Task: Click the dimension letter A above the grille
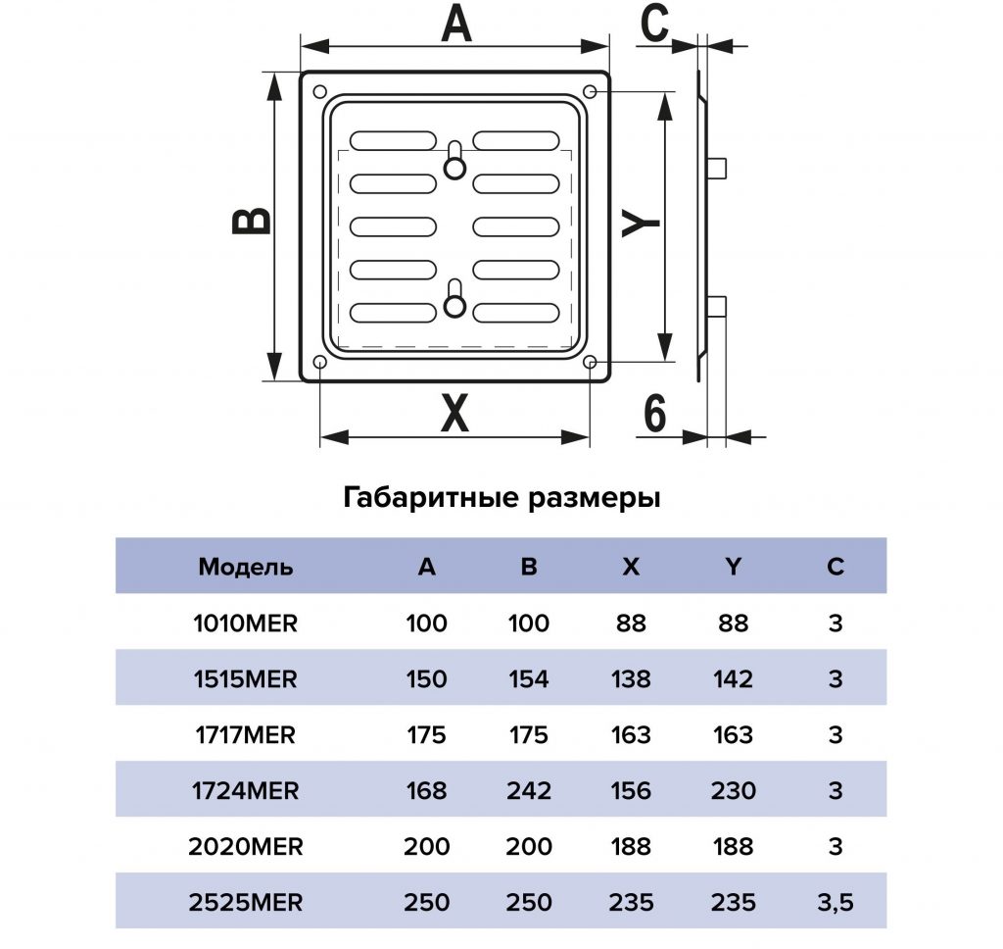pyautogui.click(x=455, y=26)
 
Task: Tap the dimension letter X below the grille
pyautogui.click(x=454, y=414)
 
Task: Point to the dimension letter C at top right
pyautogui.click(x=654, y=24)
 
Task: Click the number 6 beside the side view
pyautogui.click(x=654, y=413)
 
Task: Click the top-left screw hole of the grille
pyautogui.click(x=320, y=92)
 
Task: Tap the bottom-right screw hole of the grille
pyautogui.click(x=591, y=363)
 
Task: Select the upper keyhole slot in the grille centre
pyautogui.click(x=454, y=160)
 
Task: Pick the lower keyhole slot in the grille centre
pyautogui.click(x=454, y=299)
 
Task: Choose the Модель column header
pyautogui.click(x=246, y=567)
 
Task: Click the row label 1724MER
pyautogui.click(x=246, y=791)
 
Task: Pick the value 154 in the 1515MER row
pyautogui.click(x=528, y=678)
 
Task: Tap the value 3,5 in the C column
pyautogui.click(x=836, y=903)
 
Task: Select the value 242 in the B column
pyautogui.click(x=528, y=791)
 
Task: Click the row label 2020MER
pyautogui.click(x=246, y=846)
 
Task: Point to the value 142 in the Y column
pyautogui.click(x=733, y=678)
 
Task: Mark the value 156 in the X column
pyautogui.click(x=631, y=791)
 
